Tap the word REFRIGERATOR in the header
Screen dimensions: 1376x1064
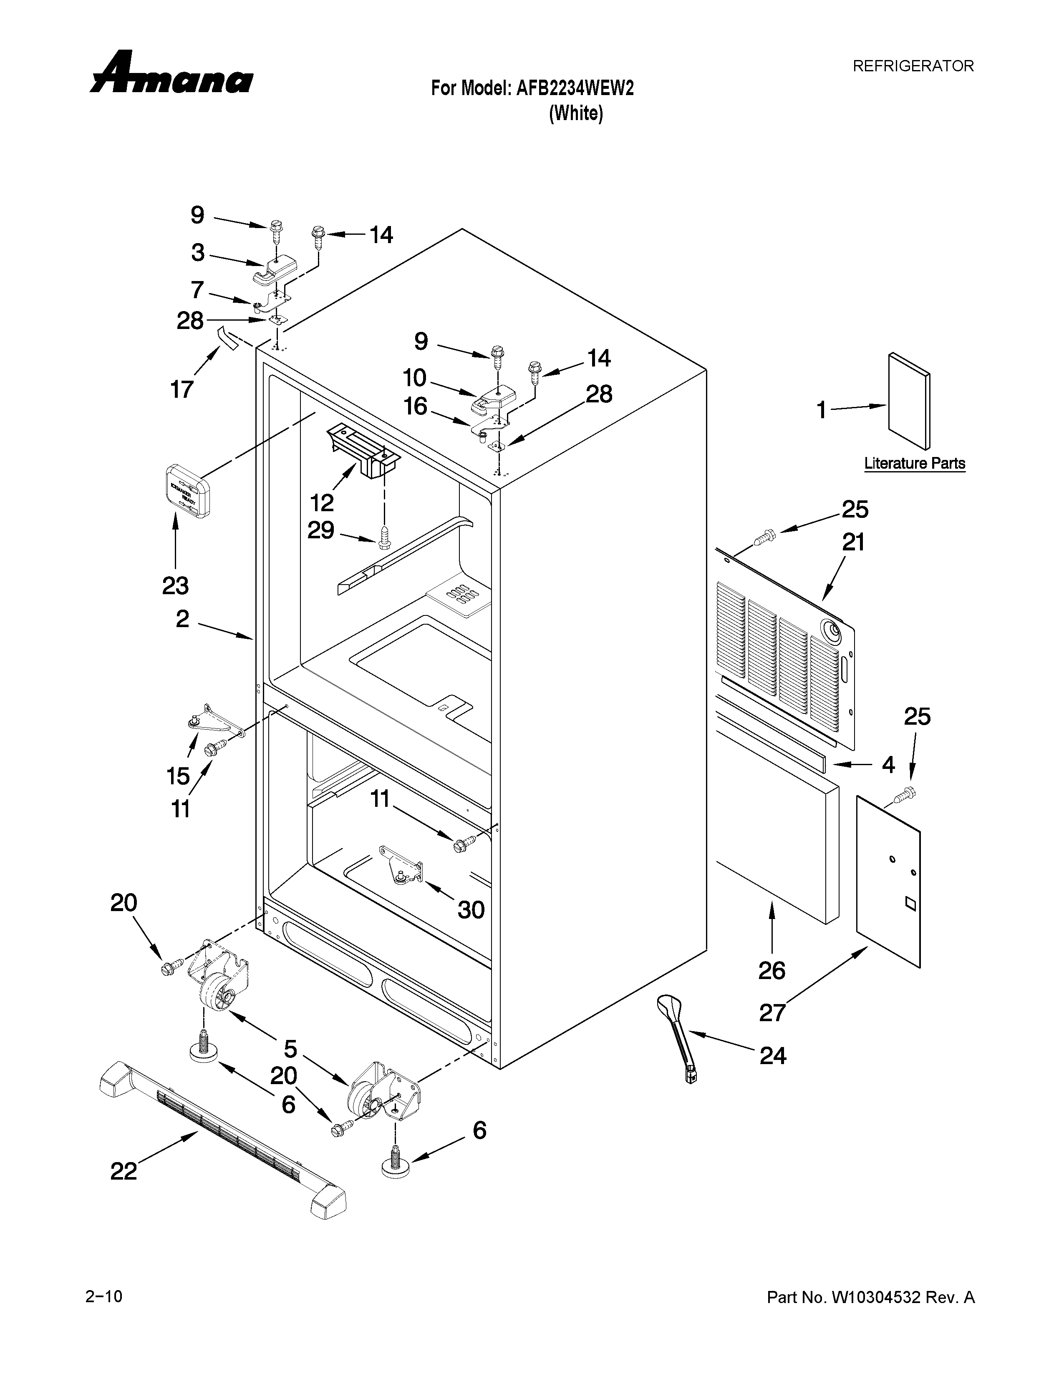(x=913, y=65)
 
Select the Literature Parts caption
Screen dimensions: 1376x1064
(x=914, y=464)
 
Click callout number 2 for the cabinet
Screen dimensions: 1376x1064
(x=182, y=619)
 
